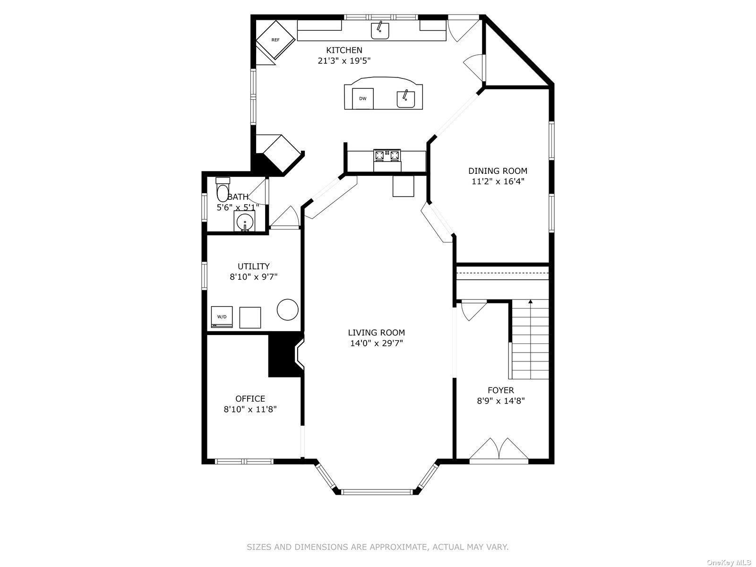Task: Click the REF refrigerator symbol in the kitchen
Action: coord(275,40)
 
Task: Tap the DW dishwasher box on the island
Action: coord(363,98)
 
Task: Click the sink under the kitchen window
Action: coord(379,31)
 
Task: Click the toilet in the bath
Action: coord(222,190)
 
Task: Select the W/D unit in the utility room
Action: coord(222,317)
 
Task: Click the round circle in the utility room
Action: coord(287,310)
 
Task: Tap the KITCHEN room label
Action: coord(344,50)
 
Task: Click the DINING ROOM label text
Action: coord(498,171)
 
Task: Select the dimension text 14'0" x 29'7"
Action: coord(376,344)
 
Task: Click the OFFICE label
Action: coord(250,399)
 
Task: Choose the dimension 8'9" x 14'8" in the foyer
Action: coord(500,401)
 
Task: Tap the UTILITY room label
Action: coord(253,266)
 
